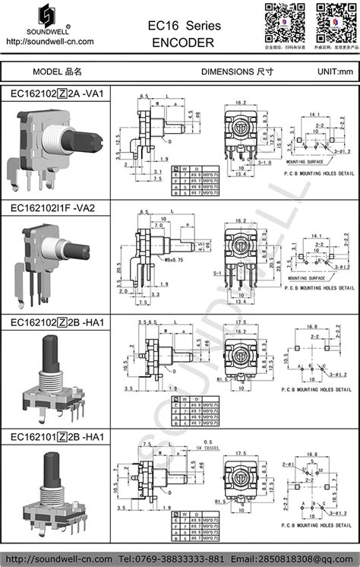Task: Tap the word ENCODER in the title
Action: (182, 43)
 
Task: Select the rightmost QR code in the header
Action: (332, 21)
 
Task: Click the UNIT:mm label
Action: (335, 71)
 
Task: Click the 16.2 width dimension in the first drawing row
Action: (241, 102)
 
